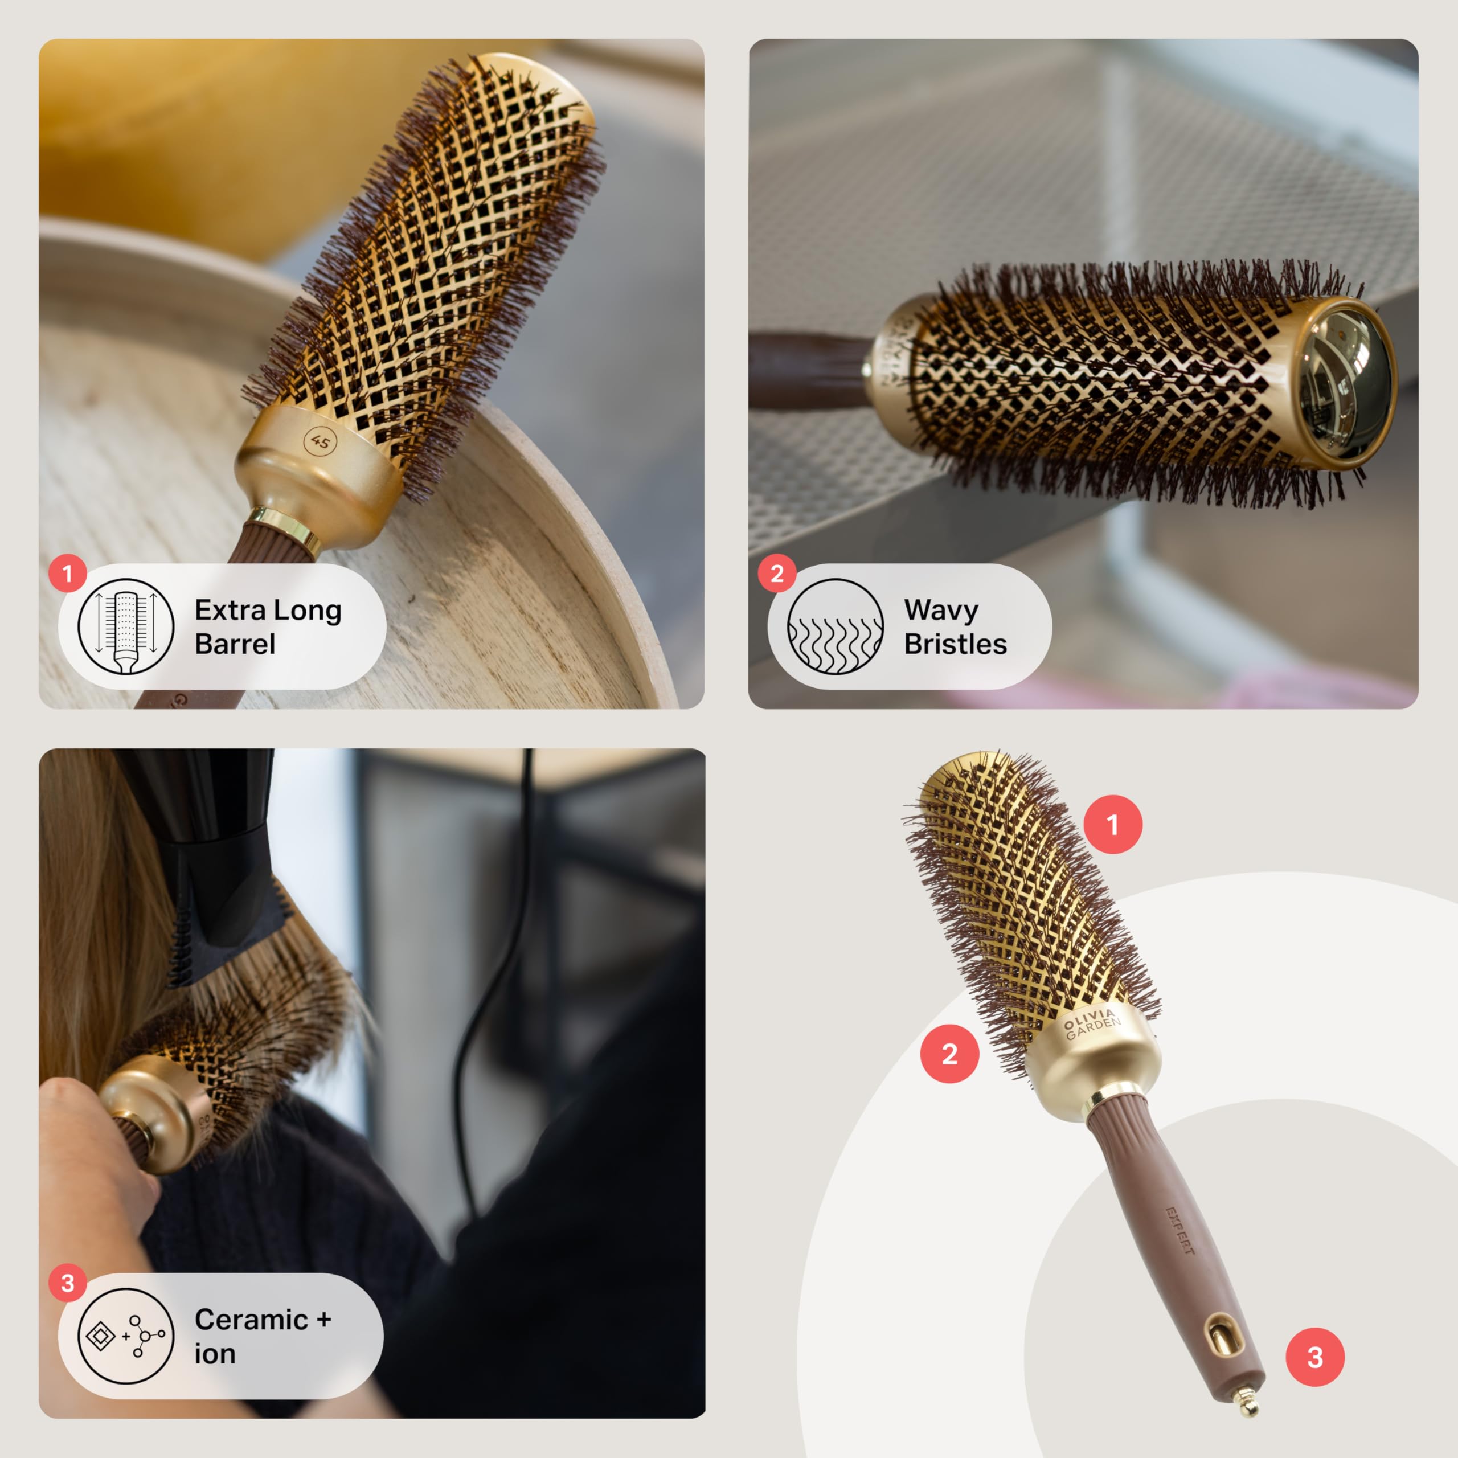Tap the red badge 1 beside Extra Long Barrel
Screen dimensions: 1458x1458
(67, 574)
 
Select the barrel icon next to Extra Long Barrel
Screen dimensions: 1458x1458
(126, 626)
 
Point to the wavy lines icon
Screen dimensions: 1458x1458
(836, 626)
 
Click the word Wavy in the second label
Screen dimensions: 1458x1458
(941, 610)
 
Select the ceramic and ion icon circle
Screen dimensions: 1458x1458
(126, 1336)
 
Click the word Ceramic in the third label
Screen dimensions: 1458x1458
(251, 1319)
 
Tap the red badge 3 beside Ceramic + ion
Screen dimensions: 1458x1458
(67, 1283)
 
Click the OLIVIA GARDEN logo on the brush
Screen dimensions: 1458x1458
(1092, 1024)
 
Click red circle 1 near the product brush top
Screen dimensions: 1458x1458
(1113, 825)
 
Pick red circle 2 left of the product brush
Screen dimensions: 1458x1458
(949, 1054)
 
